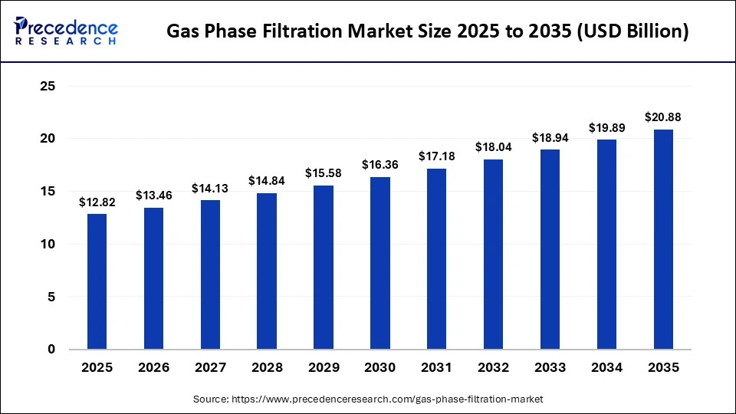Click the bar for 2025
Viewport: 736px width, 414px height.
click(x=97, y=281)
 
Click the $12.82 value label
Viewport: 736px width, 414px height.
click(x=97, y=202)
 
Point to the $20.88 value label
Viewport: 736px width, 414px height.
click(x=663, y=117)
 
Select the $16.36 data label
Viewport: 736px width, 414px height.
click(x=380, y=165)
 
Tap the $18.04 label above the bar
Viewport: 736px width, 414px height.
click(x=493, y=147)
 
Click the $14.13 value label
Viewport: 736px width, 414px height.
click(x=210, y=189)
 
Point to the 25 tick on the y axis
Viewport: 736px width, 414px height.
click(x=47, y=87)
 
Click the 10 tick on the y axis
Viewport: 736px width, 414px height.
click(x=47, y=244)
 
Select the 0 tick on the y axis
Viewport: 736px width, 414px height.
click(x=51, y=350)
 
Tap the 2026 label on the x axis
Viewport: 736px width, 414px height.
click(x=153, y=368)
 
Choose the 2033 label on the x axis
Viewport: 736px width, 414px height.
click(x=550, y=368)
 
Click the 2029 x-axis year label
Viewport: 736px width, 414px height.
click(x=324, y=368)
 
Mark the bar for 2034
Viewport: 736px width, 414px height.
click(x=606, y=245)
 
